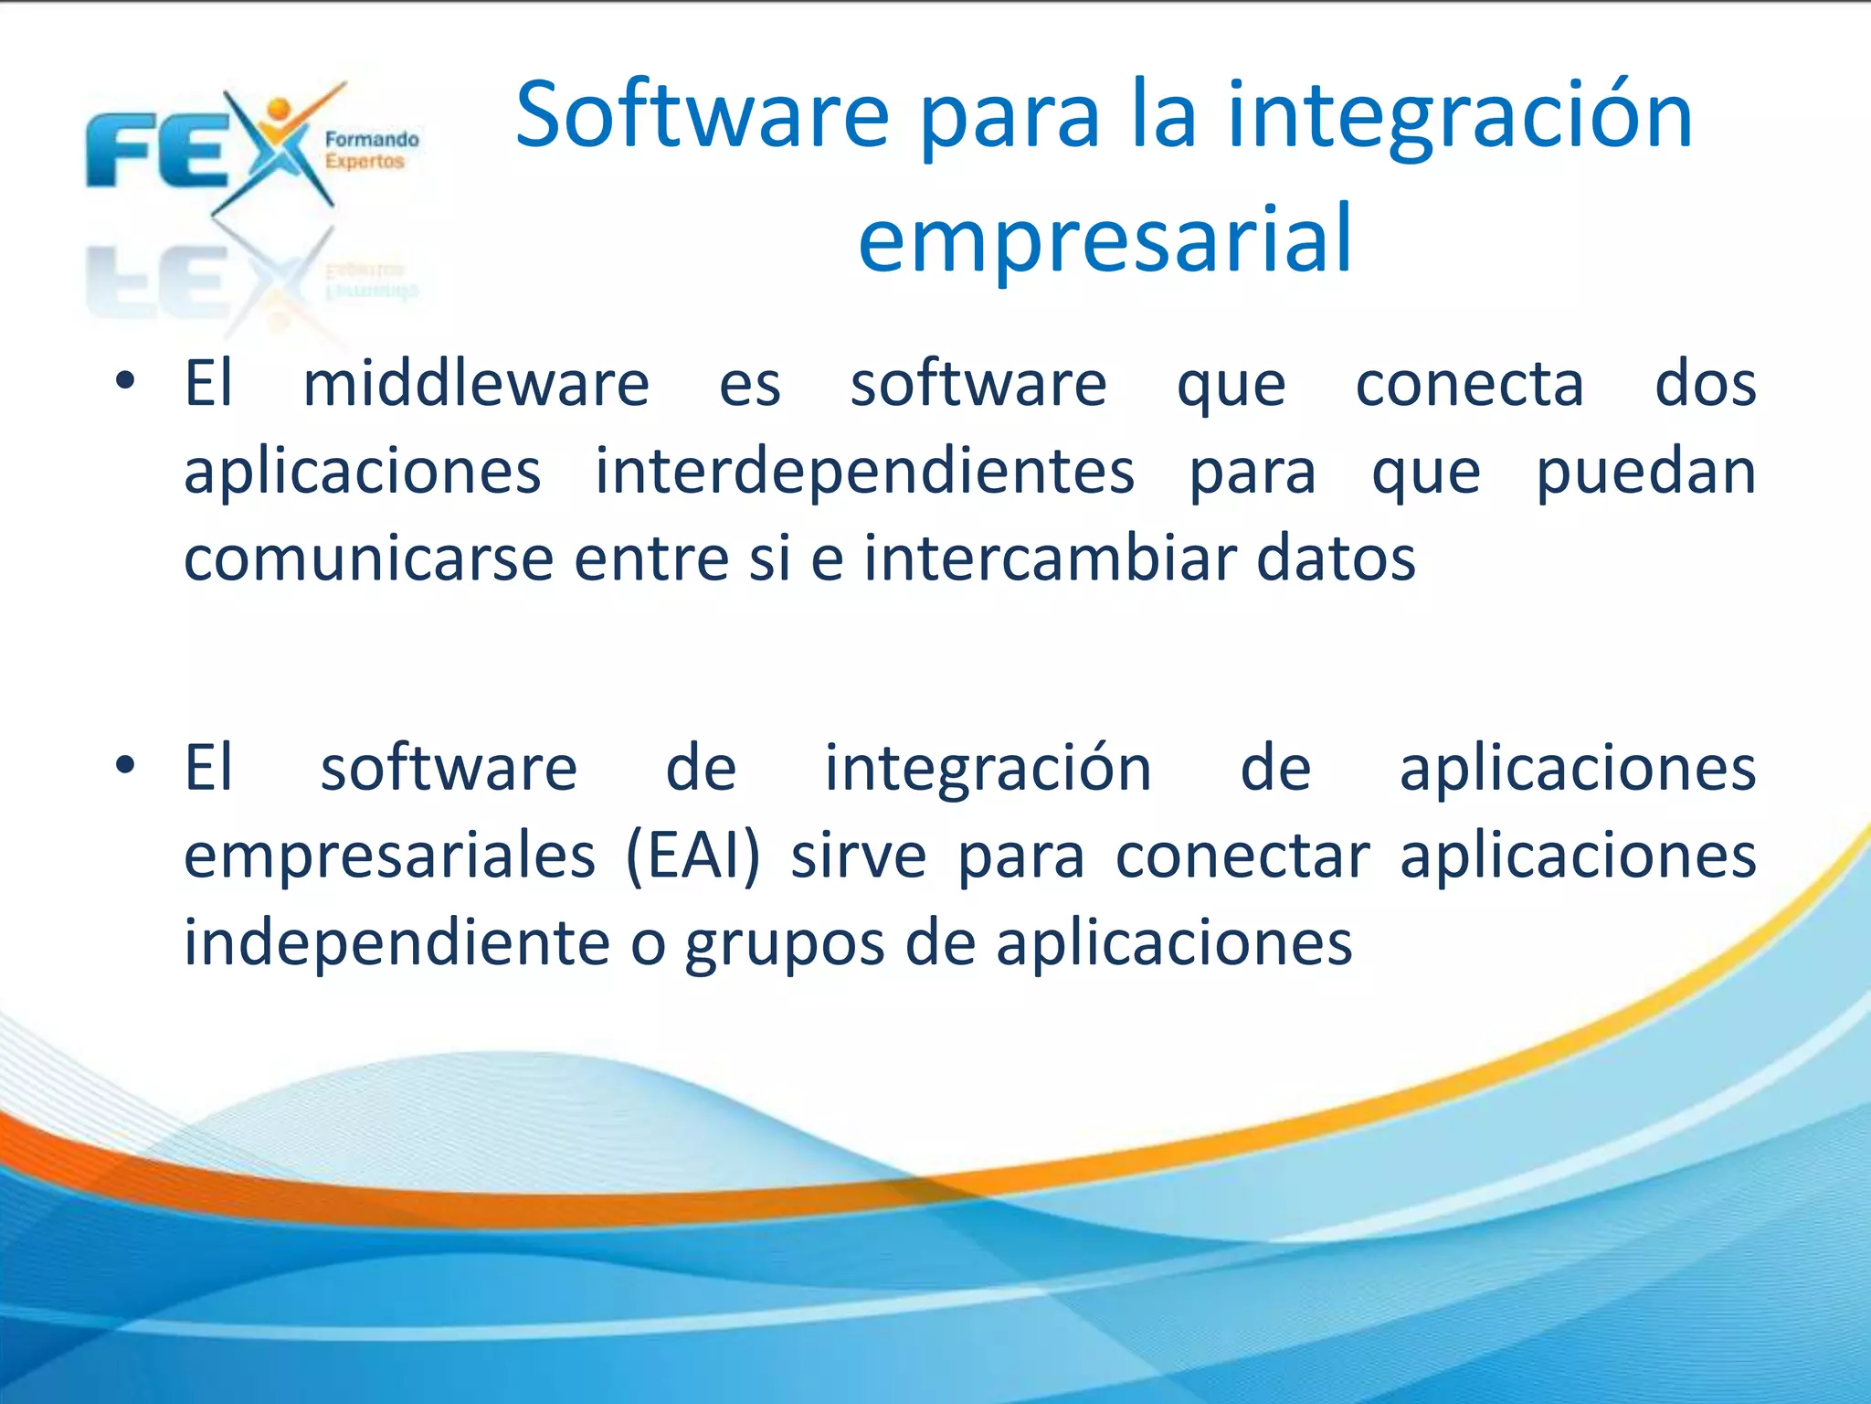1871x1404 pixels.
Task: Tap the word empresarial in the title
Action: pyautogui.click(x=1105, y=239)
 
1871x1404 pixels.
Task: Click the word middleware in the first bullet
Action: pyautogui.click(x=476, y=384)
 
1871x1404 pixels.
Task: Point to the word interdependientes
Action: pyautogui.click(x=864, y=472)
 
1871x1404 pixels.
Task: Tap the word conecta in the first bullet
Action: pyautogui.click(x=1469, y=384)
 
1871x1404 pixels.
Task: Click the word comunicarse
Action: pyautogui.click(x=368, y=558)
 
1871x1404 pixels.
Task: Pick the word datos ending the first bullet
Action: pyautogui.click(x=1336, y=558)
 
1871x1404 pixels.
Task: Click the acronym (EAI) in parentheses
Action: pyautogui.click(x=692, y=856)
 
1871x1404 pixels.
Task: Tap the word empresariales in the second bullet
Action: pyautogui.click(x=389, y=856)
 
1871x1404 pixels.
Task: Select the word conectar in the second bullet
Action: pyautogui.click(x=1242, y=856)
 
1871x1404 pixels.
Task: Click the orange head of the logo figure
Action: pyautogui.click(x=279, y=109)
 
